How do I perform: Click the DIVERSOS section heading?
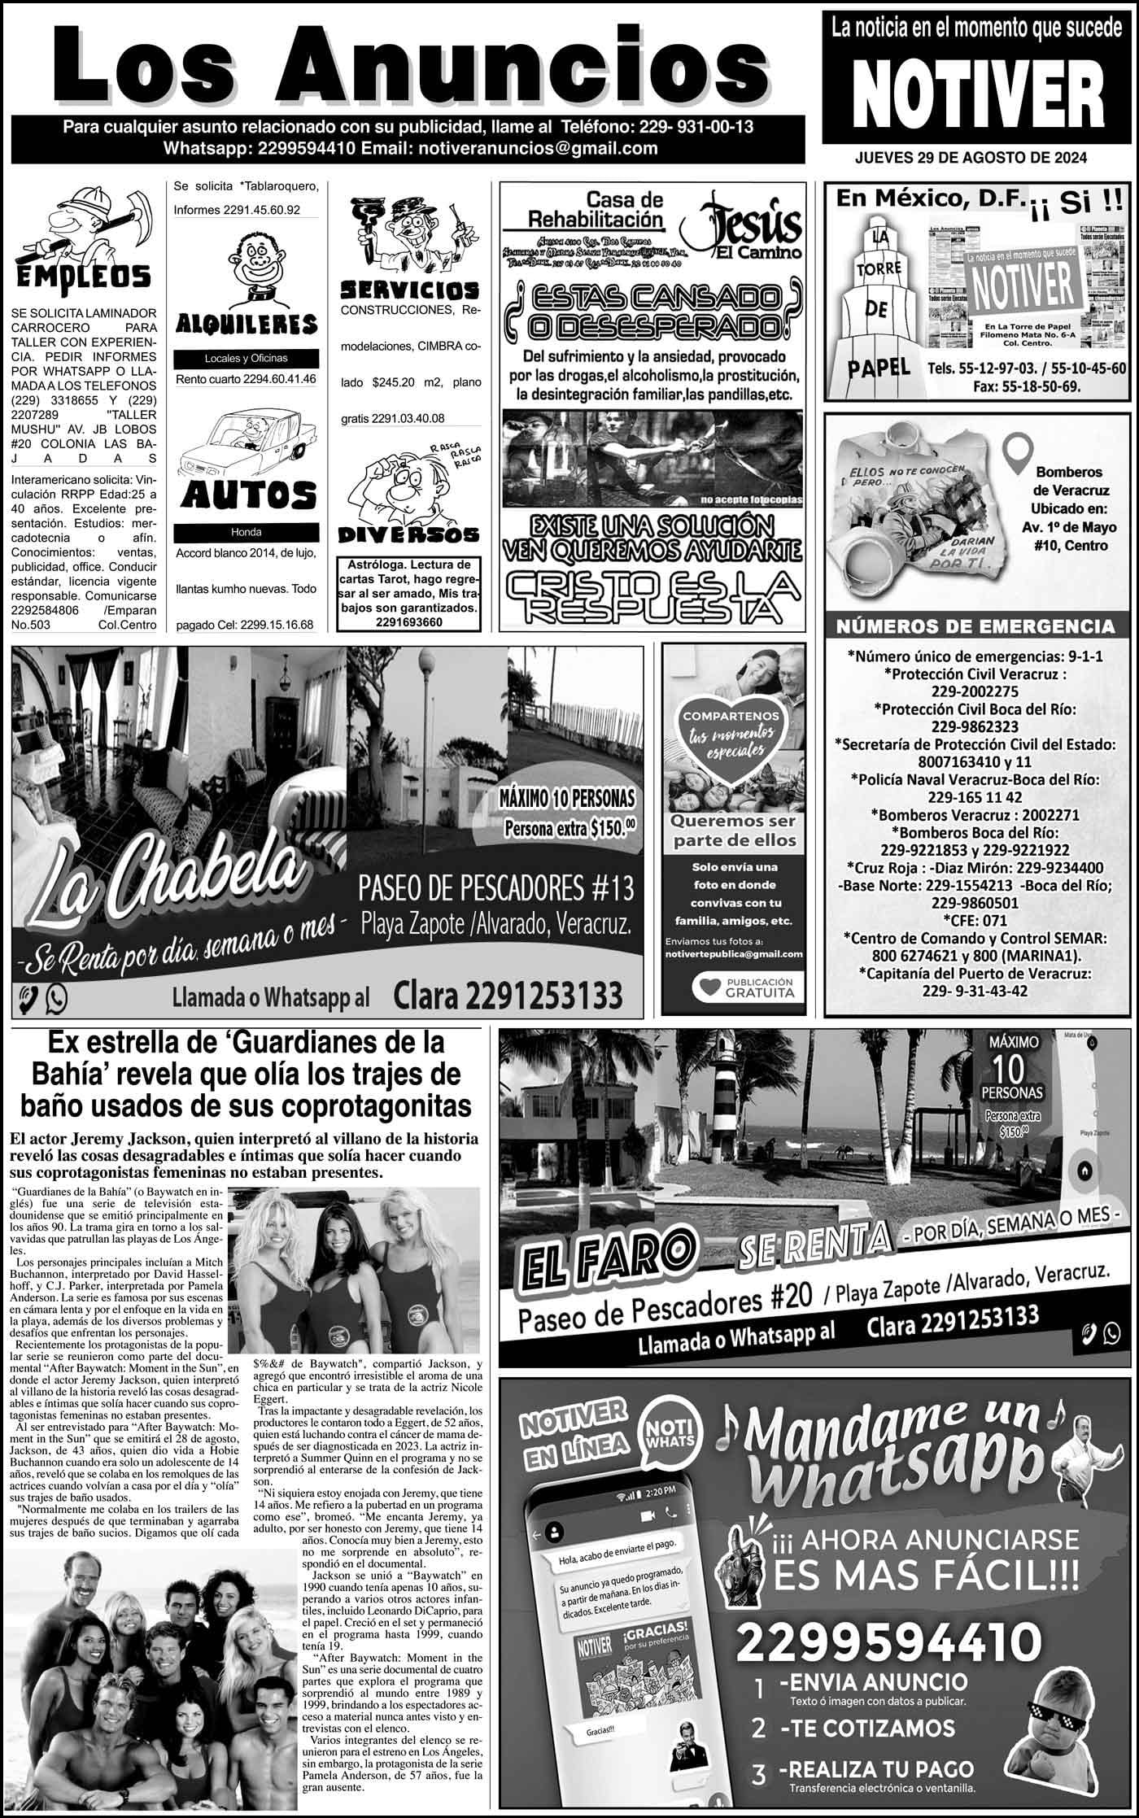point(408,534)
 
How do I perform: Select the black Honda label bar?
point(247,532)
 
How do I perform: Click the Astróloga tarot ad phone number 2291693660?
point(409,622)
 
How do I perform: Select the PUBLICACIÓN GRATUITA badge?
point(744,987)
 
